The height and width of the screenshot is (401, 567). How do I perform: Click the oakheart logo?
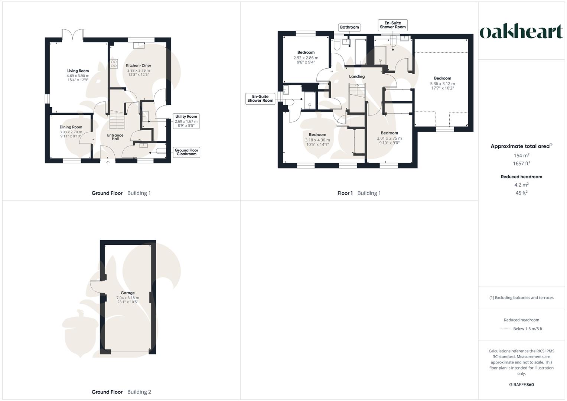pos(521,32)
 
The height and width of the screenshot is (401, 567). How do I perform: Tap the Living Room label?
pos(78,71)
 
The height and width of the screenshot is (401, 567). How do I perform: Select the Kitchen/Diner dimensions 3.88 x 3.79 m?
pos(139,71)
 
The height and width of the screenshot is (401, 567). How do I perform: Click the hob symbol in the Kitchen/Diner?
pos(114,64)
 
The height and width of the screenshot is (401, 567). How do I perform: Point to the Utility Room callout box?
pos(186,121)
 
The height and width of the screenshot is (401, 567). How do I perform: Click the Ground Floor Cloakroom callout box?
pos(186,152)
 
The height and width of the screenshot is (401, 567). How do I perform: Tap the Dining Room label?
pos(71,127)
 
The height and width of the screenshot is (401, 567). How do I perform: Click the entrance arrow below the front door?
pos(108,162)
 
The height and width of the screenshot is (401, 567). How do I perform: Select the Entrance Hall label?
pos(115,137)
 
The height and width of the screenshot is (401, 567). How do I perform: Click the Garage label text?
pos(128,293)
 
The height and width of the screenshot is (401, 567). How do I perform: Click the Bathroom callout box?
pos(349,27)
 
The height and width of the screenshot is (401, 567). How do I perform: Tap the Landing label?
pos(357,76)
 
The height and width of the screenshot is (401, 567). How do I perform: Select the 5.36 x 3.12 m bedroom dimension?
pos(443,84)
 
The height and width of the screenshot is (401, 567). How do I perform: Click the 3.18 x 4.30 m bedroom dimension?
pos(317,140)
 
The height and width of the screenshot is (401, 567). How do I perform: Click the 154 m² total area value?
pos(521,156)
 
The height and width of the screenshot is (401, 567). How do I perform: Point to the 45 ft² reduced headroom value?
pos(521,193)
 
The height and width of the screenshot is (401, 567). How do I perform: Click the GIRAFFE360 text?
pos(521,385)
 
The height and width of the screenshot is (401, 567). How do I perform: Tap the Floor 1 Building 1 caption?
pos(359,193)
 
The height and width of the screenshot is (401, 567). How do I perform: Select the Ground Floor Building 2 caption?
pos(121,392)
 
